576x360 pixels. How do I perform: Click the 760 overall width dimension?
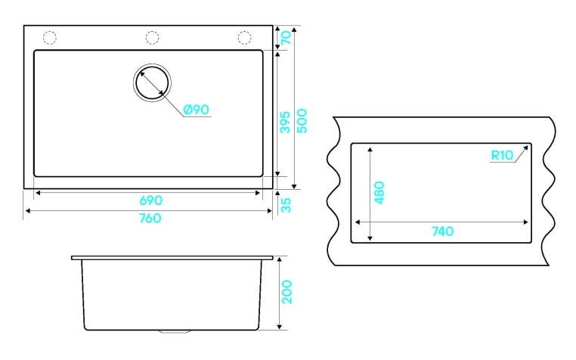(150, 218)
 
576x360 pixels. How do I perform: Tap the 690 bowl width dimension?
(150, 200)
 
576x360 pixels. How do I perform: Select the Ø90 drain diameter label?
(197, 110)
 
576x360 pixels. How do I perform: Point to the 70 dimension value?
(286, 38)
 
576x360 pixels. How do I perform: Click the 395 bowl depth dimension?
(286, 122)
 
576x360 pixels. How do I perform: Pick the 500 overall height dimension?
(302, 121)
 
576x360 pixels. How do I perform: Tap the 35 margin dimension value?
(286, 205)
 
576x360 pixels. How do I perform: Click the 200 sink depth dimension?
(287, 292)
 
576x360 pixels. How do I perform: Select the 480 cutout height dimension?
(379, 192)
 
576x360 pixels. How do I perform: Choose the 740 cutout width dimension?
(443, 231)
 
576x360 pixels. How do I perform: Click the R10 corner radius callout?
(502, 156)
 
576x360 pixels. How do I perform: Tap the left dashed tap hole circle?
(50, 38)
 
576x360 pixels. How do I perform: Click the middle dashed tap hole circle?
(152, 38)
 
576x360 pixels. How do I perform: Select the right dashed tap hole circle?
(244, 38)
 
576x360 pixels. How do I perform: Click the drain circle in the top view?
(152, 82)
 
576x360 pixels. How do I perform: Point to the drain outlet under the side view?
(175, 332)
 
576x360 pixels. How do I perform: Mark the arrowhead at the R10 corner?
(526, 147)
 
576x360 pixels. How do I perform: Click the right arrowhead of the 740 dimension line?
(525, 222)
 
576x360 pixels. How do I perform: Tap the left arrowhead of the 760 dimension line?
(27, 211)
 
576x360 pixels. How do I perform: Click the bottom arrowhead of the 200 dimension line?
(280, 327)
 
